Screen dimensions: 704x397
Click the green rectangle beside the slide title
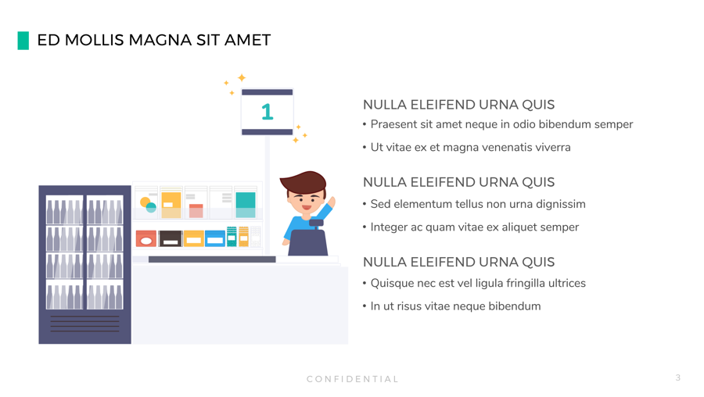[x=23, y=41]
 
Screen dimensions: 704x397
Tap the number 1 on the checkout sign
[x=268, y=112]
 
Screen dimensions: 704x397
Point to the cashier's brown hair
[x=304, y=181]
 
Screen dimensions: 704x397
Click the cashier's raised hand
[x=332, y=202]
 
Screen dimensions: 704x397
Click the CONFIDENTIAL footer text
[x=353, y=379]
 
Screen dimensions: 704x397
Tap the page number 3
[x=678, y=377]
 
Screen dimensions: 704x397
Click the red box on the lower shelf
[x=146, y=238]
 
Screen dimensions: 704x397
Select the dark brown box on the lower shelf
[x=171, y=238]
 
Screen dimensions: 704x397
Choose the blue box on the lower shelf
[x=215, y=238]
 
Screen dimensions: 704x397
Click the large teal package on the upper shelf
[x=246, y=205]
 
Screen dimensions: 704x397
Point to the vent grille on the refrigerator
[x=84, y=324]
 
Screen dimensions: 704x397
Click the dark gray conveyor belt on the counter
[x=212, y=259]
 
